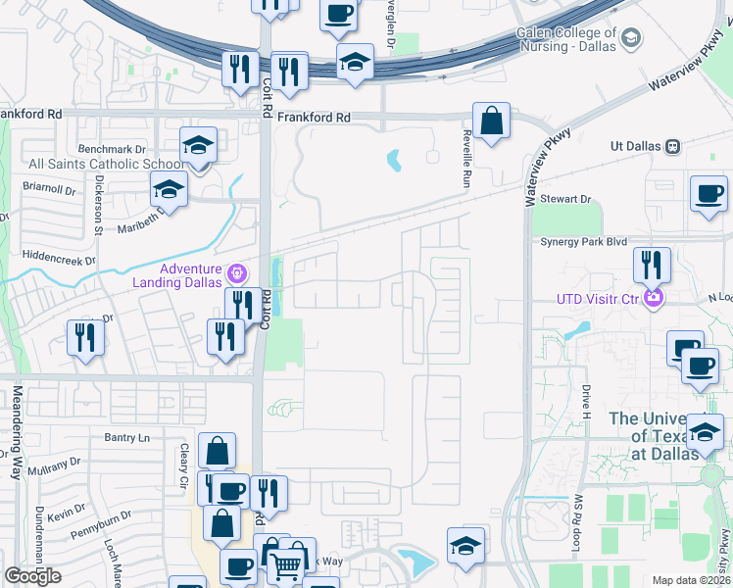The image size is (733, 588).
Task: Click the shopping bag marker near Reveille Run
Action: [491, 122]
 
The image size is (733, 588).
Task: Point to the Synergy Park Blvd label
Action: [583, 241]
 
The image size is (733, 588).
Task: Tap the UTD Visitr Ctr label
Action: [599, 299]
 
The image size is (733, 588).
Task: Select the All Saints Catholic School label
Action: [92, 165]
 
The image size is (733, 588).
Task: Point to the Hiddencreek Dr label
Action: [58, 261]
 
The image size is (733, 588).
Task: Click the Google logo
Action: [33, 576]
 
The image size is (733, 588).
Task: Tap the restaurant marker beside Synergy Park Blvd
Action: [651, 265]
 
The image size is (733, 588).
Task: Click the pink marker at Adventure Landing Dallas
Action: [235, 271]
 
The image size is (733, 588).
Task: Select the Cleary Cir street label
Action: [182, 465]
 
